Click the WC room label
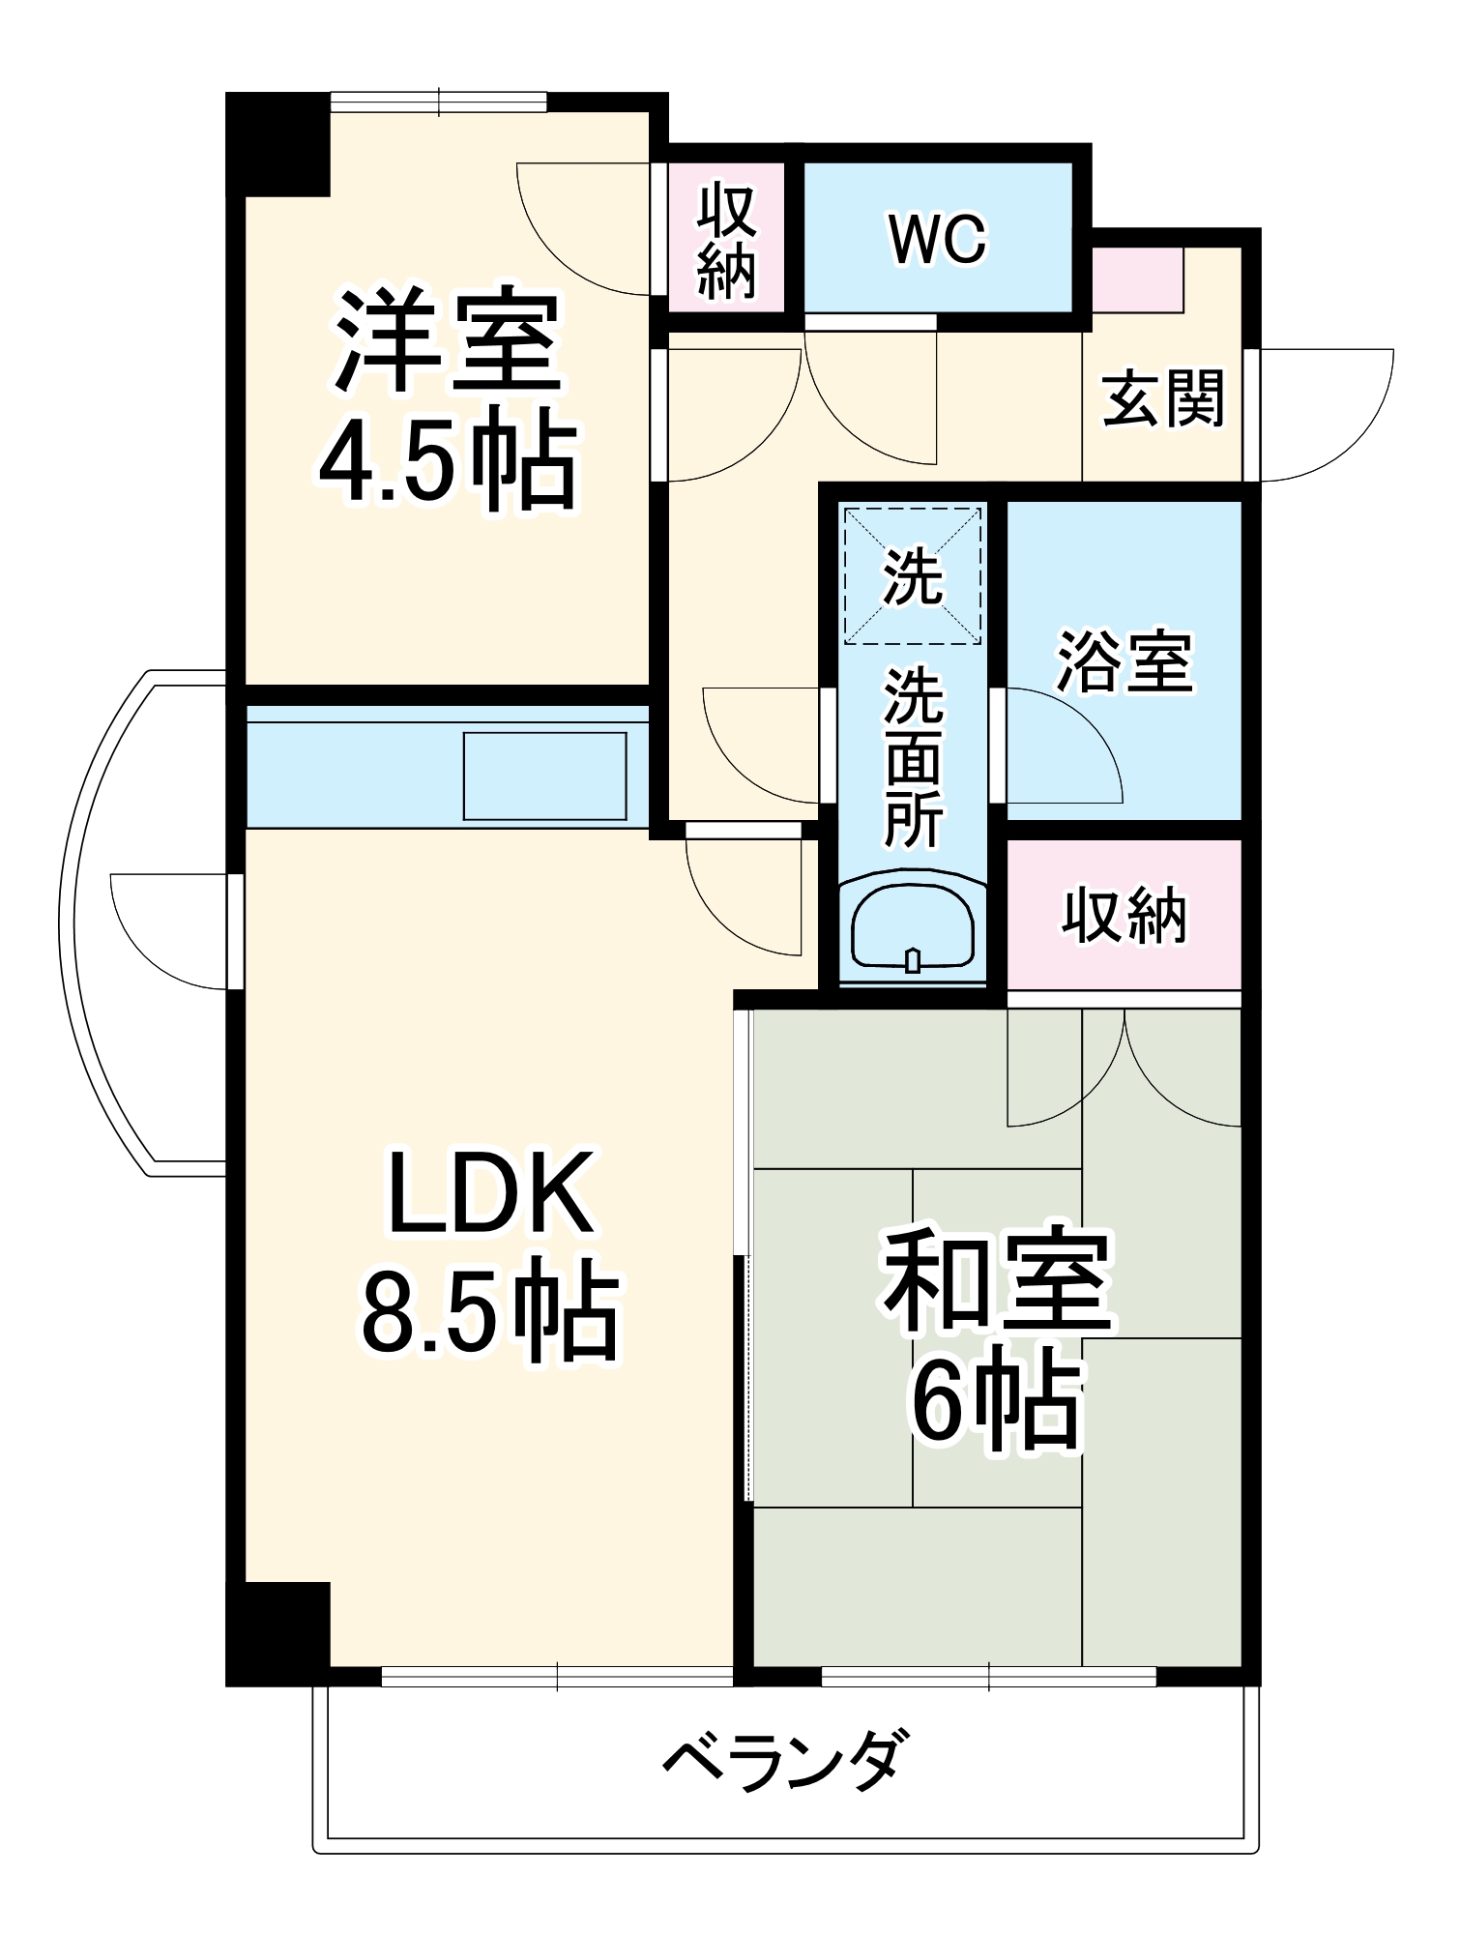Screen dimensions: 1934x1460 point(937,239)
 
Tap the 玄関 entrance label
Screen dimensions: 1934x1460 point(1163,398)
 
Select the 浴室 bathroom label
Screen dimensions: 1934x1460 point(1124,662)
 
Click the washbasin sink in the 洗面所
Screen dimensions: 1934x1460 point(912,927)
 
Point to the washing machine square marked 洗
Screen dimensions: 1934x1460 point(913,576)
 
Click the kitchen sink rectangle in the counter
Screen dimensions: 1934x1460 point(544,777)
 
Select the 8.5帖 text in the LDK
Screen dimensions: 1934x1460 point(489,1312)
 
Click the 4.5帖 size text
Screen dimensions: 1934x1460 point(448,462)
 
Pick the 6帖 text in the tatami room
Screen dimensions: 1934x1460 point(995,1402)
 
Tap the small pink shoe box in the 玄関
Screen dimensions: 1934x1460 point(1137,280)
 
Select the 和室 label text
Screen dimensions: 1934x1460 point(997,1281)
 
